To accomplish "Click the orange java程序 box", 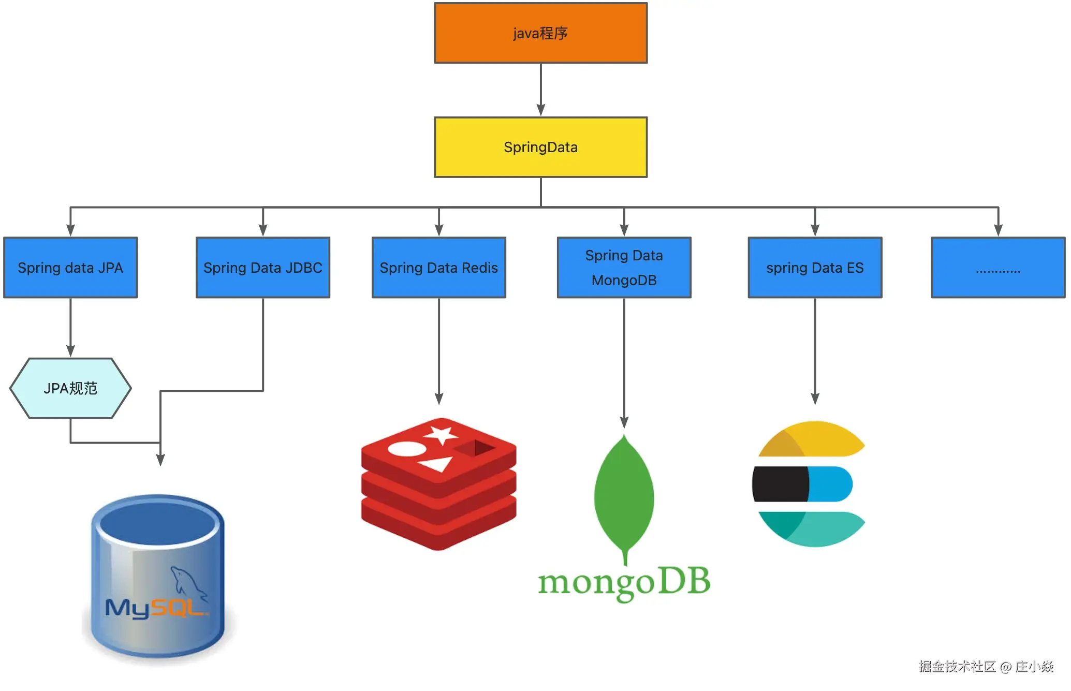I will tap(540, 33).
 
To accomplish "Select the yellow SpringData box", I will tap(540, 148).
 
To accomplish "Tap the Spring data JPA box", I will tap(70, 268).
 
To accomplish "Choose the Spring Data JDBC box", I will tap(262, 268).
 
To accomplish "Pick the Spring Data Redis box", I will tap(438, 268).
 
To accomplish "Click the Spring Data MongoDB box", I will tap(624, 268).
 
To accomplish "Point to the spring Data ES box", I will tap(815, 268).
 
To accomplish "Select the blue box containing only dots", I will tap(997, 268).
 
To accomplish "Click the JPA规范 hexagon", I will tap(70, 388).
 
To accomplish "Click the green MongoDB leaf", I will tap(624, 494).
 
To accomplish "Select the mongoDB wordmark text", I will tap(624, 582).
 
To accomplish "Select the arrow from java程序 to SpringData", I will tap(540, 90).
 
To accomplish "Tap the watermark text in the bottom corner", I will tap(986, 667).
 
